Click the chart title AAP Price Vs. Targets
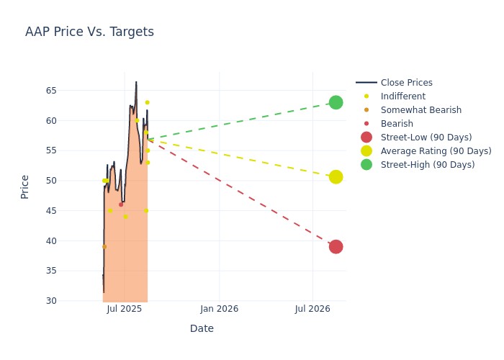[x=89, y=32]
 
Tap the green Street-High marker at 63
[x=336, y=102]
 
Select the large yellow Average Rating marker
[x=336, y=177]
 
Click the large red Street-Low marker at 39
[x=336, y=247]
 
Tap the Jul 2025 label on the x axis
[x=124, y=309]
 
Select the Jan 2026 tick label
[x=219, y=309]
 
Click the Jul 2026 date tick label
[x=312, y=309]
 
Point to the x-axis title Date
[x=202, y=329]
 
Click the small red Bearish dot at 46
[x=121, y=204]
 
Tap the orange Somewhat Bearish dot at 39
[x=104, y=246]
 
